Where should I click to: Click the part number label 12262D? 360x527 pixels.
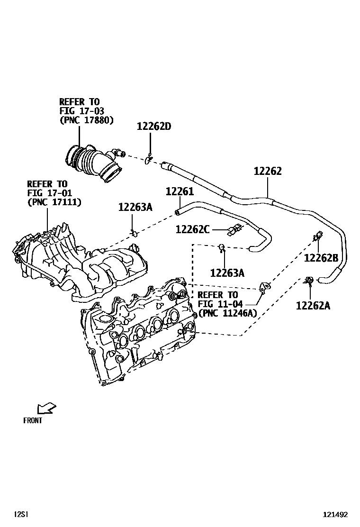tap(153, 127)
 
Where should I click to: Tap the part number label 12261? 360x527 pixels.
tap(180, 191)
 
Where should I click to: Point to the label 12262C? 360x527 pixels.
tap(192, 229)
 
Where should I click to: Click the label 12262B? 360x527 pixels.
tap(321, 258)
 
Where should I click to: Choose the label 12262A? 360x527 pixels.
tap(313, 306)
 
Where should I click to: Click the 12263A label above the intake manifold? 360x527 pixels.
tap(135, 207)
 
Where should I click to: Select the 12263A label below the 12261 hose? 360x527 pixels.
tap(227, 273)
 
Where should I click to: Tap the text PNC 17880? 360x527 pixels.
tap(86, 120)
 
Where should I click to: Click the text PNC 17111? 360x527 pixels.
tap(54, 202)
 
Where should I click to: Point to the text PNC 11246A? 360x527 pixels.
tap(227, 313)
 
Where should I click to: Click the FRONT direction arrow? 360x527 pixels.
tap(46, 408)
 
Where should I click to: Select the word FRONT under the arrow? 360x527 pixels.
tap(33, 420)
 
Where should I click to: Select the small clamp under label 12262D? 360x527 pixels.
tap(149, 160)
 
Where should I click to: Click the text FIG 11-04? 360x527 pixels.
tap(217, 304)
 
